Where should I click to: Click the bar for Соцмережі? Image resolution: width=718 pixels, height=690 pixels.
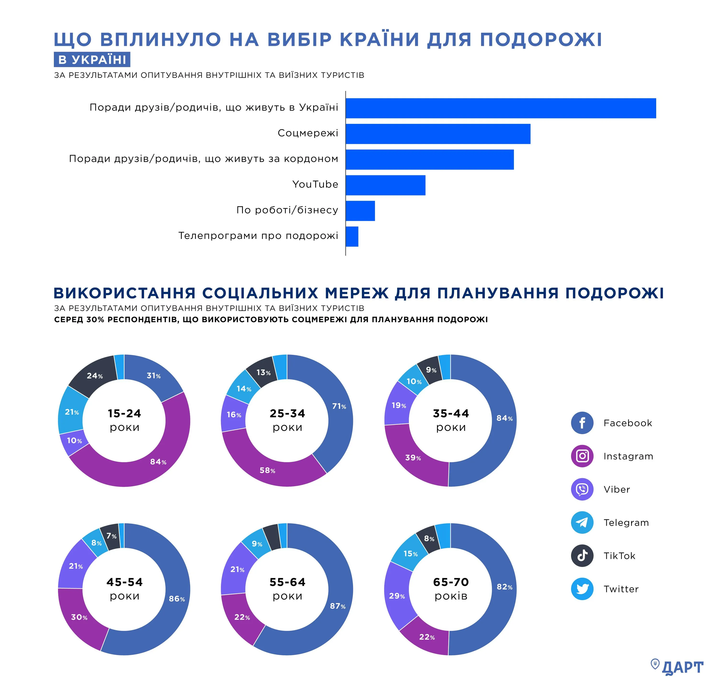(x=438, y=134)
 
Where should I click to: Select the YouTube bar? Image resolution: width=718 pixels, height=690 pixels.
(x=385, y=185)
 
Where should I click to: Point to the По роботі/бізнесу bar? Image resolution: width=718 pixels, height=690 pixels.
(x=360, y=211)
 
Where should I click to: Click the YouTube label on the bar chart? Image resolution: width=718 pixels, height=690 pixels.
(x=315, y=184)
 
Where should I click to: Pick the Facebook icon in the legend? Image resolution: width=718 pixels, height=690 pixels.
(x=582, y=423)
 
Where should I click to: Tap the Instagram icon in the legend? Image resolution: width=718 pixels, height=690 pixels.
(x=582, y=456)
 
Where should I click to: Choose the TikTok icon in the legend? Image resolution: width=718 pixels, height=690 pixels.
(x=582, y=556)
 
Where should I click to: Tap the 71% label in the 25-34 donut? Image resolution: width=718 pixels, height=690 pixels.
(x=339, y=406)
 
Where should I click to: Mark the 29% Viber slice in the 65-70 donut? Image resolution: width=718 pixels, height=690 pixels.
(x=397, y=596)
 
